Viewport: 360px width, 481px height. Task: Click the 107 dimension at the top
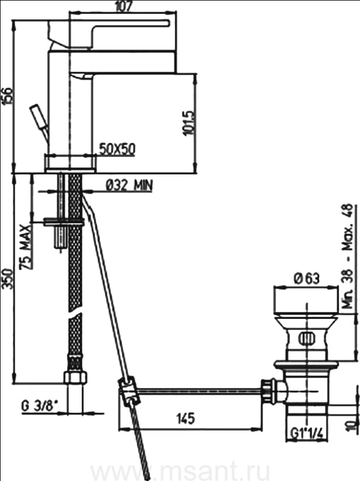[123, 6]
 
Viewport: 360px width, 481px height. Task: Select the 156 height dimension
[7, 96]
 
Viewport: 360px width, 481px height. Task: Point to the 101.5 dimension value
[188, 122]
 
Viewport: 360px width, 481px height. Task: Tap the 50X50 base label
[117, 149]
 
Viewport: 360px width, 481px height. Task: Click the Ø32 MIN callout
[129, 185]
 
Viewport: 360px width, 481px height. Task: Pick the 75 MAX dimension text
[25, 247]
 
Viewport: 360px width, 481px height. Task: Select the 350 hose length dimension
[7, 279]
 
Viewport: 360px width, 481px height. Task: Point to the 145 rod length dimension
[186, 418]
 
